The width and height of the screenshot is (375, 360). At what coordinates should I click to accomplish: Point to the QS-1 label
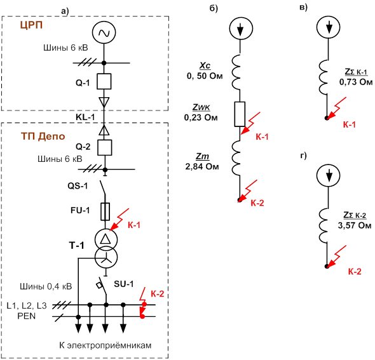[x=78, y=185]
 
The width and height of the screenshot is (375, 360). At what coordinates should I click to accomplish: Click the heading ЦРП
[x=31, y=25]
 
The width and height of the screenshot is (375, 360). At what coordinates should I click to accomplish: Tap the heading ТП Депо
[x=43, y=136]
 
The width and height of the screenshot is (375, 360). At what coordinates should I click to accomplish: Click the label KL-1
[x=85, y=117]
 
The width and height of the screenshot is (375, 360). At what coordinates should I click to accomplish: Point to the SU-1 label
[x=124, y=284]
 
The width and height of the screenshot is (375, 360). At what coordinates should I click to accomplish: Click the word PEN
[x=26, y=316]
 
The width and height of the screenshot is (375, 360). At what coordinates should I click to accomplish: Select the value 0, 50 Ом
[x=205, y=76]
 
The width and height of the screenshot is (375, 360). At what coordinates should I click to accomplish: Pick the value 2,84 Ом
[x=202, y=166]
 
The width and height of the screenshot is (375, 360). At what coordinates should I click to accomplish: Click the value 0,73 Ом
[x=356, y=82]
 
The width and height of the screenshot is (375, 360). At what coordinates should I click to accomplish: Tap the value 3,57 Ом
[x=355, y=225]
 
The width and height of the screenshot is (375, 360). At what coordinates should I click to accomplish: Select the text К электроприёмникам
[x=106, y=345]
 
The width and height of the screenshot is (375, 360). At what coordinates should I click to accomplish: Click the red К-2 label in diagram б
[x=257, y=203]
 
